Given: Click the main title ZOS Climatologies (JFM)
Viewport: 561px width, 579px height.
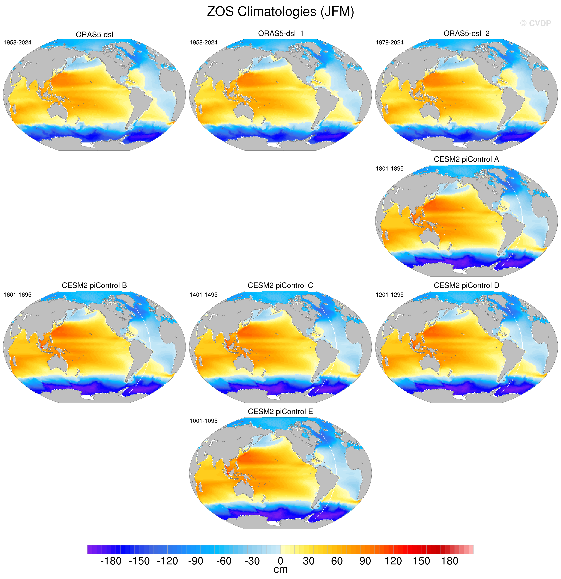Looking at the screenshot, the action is tap(280, 12).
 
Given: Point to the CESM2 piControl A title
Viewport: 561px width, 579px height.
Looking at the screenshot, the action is tap(466, 160).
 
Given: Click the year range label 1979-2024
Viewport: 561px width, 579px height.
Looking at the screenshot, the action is tap(390, 43).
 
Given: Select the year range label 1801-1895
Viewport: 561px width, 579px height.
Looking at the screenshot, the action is tap(390, 169).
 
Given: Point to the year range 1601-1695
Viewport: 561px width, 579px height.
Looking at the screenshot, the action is tap(17, 295).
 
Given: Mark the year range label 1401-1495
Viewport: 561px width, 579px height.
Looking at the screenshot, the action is tap(204, 295).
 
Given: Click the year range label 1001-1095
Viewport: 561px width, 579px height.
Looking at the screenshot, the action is tap(204, 421).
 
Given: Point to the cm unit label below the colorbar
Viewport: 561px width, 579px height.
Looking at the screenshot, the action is tap(280, 570).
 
